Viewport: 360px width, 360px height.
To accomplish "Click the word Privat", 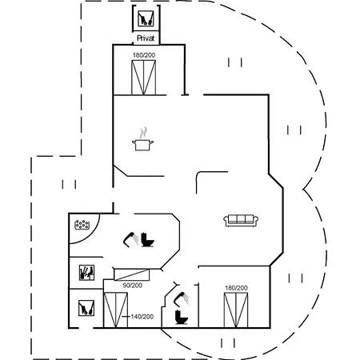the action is pos(146,38).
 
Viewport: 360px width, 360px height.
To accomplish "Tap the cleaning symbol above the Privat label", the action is pos(146,18).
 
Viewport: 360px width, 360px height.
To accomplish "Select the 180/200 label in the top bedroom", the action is pos(144,55).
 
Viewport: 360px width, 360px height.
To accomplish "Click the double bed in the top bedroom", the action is pos(143,78).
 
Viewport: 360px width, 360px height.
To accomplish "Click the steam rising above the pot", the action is pos(143,133).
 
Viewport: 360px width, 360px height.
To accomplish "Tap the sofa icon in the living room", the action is pos(241,221).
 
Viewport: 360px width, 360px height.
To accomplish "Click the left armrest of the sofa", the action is pos(226,221).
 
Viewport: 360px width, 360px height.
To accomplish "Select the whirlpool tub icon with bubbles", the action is pos(82,225).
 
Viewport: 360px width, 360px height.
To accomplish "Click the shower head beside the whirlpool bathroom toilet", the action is pos(130,238).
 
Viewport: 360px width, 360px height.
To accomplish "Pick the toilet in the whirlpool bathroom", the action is pos(147,240).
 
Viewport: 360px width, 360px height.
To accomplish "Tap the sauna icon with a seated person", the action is pos(86,273).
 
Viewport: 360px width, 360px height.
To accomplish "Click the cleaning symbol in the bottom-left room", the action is pos(86,308).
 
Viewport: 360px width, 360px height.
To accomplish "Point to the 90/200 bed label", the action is pos(133,286).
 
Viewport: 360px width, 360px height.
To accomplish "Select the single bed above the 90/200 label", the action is pos(132,274).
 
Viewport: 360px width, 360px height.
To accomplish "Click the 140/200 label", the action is pos(142,317).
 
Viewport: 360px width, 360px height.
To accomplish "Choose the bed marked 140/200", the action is pos(115,310).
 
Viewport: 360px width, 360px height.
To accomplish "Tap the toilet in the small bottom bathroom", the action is pos(182,317).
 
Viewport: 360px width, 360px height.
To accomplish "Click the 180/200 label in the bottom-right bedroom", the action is pos(236,288).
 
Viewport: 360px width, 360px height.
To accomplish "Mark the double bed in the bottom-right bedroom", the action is pos(236,310).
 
